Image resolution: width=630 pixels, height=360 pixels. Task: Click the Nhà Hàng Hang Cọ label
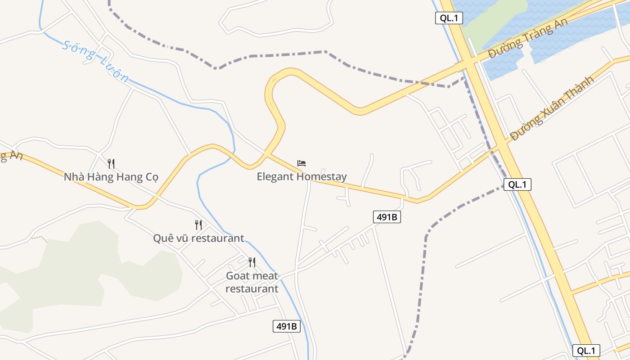111,177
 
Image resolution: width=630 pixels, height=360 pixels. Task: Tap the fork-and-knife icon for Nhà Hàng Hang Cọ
111,163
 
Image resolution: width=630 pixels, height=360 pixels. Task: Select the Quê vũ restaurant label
198,238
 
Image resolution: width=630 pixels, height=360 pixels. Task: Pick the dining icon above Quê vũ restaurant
198,225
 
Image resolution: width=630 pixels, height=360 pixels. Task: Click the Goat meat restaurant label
252,282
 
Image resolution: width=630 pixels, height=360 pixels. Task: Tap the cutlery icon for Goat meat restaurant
252,262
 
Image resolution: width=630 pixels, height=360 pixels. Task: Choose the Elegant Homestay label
301,177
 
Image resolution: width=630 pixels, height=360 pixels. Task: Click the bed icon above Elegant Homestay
301,163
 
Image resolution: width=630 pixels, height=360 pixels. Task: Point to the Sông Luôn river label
96,61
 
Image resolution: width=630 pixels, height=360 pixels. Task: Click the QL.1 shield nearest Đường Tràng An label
449,18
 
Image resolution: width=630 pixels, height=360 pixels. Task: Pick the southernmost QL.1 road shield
586,351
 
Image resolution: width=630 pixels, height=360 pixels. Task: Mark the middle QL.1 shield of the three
517,184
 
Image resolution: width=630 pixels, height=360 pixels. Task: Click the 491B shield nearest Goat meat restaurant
287,326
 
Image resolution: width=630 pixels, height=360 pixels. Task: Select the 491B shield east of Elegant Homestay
387,217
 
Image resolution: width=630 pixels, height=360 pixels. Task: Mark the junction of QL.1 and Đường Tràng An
469,64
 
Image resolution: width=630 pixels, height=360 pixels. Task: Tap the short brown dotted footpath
40,237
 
